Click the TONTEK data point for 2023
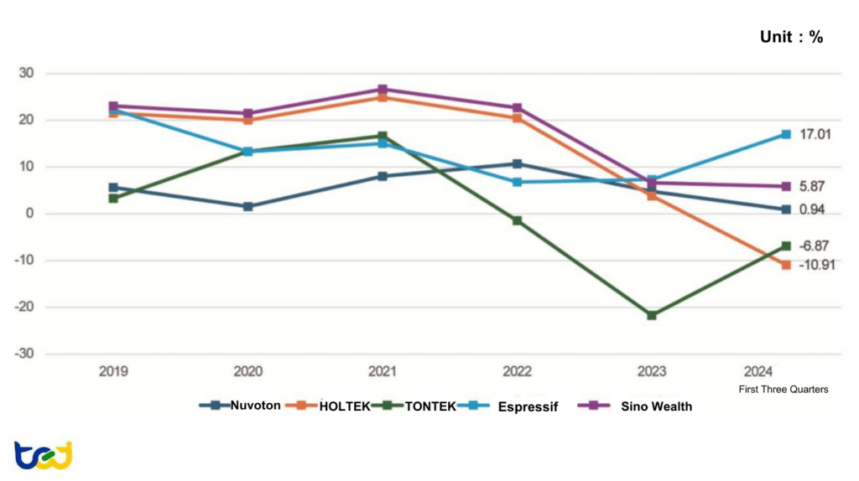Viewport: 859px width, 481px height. [x=652, y=315]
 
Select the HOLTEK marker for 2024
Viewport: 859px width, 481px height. [x=786, y=265]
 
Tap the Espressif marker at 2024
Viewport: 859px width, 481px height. [x=786, y=134]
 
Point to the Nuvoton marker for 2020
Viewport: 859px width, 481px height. [x=248, y=206]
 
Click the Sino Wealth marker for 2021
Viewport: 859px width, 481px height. [x=383, y=90]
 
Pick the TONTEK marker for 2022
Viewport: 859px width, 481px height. [x=517, y=220]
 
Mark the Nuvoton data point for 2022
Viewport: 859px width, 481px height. [x=517, y=164]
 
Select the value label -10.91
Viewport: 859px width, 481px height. [x=818, y=264]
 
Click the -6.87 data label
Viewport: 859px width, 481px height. [x=818, y=246]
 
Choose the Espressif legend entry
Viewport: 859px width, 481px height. [x=512, y=406]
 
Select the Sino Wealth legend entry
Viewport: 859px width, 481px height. [x=638, y=406]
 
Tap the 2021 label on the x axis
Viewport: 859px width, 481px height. [x=383, y=371]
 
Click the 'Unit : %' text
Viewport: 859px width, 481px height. [x=790, y=37]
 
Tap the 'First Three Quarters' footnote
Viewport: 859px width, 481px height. [x=783, y=389]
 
